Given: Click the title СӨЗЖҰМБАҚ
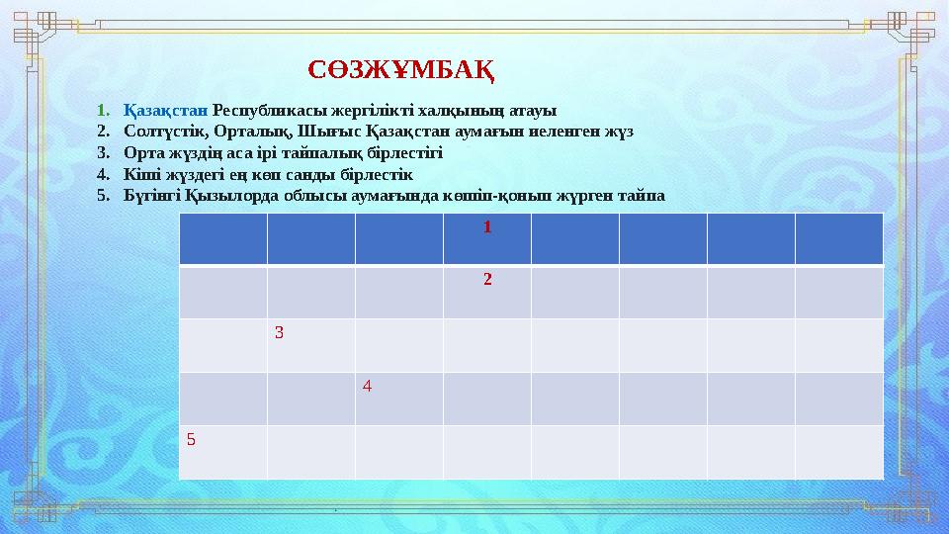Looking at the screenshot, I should pos(401,70).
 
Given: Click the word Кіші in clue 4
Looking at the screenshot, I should pos(140,174).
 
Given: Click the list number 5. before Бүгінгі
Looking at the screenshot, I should pos(102,196).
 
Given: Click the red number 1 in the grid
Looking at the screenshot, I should pos(487,226).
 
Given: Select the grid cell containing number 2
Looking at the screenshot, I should pos(487,292).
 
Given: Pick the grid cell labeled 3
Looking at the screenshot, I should pos(311,345).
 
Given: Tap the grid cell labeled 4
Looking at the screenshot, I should pos(399,399).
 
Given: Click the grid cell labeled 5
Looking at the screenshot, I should pos(223,452).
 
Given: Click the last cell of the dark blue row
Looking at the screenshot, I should pos(839,238).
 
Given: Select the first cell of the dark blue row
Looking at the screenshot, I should pos(223,238).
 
